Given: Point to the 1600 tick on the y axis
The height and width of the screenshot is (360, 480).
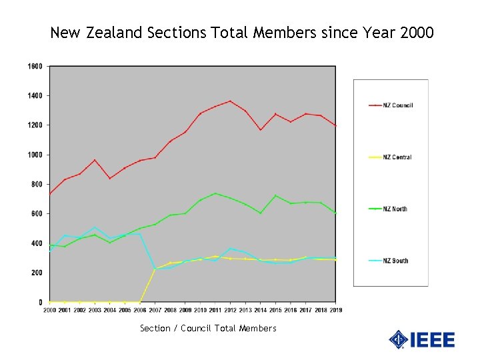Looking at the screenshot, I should pyautogui.click(x=35, y=66).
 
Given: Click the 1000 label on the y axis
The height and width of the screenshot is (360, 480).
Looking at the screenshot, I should pyautogui.click(x=35, y=155).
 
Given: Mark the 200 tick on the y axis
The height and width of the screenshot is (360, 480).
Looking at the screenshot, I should pyautogui.click(x=37, y=273).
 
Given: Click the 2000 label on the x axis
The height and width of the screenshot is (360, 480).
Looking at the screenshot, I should pyautogui.click(x=50, y=310).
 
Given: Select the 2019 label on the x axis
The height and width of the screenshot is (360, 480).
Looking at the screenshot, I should pyautogui.click(x=335, y=310).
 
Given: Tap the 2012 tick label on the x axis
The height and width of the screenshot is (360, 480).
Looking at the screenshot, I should pyautogui.click(x=230, y=310).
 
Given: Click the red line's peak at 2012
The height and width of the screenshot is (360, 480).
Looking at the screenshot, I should pyautogui.click(x=230, y=101).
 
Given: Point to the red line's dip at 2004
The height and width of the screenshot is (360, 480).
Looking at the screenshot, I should pyautogui.click(x=110, y=178).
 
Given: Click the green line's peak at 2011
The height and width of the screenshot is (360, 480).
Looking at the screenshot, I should pyautogui.click(x=215, y=193).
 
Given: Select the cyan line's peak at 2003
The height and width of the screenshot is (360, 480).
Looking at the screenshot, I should pyautogui.click(x=95, y=228).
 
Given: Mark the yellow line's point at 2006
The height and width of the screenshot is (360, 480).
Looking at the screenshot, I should pyautogui.click(x=140, y=302).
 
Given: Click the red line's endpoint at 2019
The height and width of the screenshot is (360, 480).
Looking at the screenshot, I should pyautogui.click(x=335, y=125).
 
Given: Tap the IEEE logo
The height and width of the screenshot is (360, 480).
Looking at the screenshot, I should pyautogui.click(x=422, y=339).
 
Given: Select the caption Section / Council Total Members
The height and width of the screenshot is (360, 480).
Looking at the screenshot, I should pyautogui.click(x=208, y=328).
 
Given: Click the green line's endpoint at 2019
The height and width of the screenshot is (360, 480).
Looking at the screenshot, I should pyautogui.click(x=335, y=213).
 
